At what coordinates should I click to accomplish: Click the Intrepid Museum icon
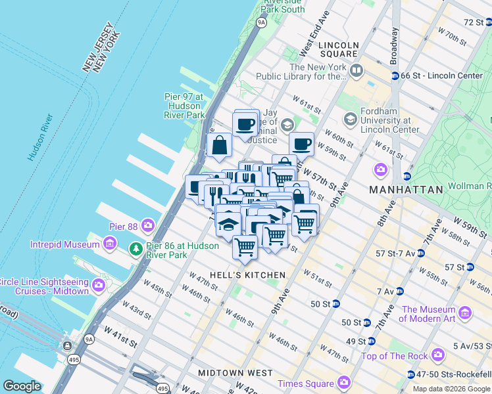(x=110, y=245)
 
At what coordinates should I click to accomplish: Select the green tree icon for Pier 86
(x=135, y=249)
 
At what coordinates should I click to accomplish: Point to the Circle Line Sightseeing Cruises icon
(x=99, y=285)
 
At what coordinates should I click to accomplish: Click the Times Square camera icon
(x=343, y=383)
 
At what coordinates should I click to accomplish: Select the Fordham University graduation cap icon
(x=350, y=119)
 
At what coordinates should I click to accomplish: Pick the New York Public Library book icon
(x=356, y=69)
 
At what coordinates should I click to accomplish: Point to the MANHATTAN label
(x=406, y=189)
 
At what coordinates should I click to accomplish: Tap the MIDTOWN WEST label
(x=235, y=373)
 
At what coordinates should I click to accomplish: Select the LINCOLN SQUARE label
(x=339, y=46)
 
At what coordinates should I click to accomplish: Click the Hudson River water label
(x=40, y=138)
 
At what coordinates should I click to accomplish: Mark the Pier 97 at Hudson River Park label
(x=183, y=106)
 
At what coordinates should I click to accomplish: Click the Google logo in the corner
(x=22, y=386)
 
